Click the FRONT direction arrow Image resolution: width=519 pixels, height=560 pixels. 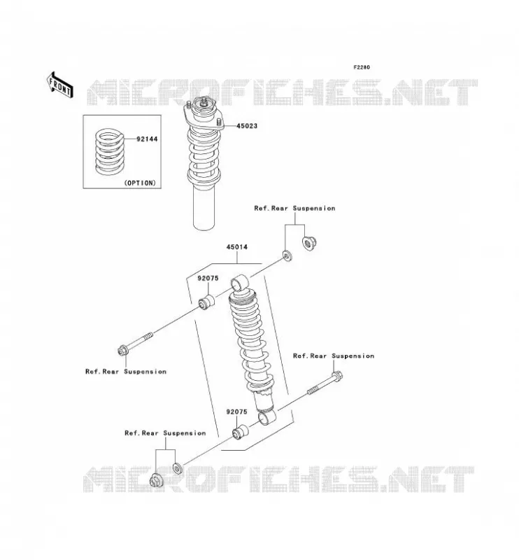click(60, 85)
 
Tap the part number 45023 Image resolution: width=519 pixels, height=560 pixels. click(247, 126)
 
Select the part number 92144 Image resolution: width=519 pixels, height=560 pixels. click(147, 139)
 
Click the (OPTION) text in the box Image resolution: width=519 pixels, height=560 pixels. click(141, 183)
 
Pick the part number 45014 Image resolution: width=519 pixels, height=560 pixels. click(236, 247)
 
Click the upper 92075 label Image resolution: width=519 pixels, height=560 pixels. click(208, 278)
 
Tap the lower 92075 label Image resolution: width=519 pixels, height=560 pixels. click(236, 412)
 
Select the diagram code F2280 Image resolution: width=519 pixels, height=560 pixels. click(362, 67)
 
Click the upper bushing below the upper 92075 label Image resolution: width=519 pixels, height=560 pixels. click(207, 302)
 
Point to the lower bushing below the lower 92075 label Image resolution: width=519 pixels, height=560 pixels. click(240, 432)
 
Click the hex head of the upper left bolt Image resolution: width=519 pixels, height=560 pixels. click(122, 351)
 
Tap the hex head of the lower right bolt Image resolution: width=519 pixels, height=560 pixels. click(336, 375)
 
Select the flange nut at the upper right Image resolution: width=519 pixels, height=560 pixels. click(308, 243)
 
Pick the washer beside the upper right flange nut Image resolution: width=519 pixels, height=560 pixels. click(287, 256)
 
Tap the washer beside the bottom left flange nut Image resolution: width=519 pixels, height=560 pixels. click(178, 468)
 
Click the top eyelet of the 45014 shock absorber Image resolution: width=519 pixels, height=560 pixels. click(239, 283)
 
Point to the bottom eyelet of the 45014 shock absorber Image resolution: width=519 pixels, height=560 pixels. click(267, 416)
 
